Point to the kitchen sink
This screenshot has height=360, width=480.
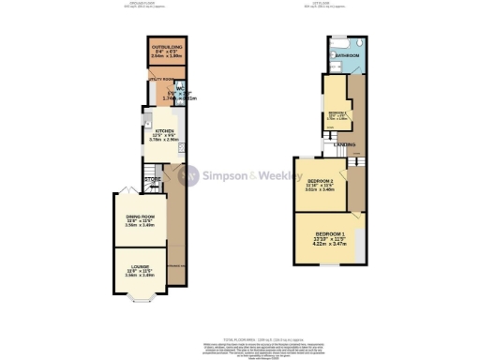[x=145, y=120]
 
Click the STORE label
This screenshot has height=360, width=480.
[x=154, y=178]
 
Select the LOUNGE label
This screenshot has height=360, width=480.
[x=139, y=271]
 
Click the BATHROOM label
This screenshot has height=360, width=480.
[x=350, y=55]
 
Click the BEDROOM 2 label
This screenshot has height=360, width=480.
[x=320, y=181]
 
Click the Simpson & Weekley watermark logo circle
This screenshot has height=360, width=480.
[x=190, y=175]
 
